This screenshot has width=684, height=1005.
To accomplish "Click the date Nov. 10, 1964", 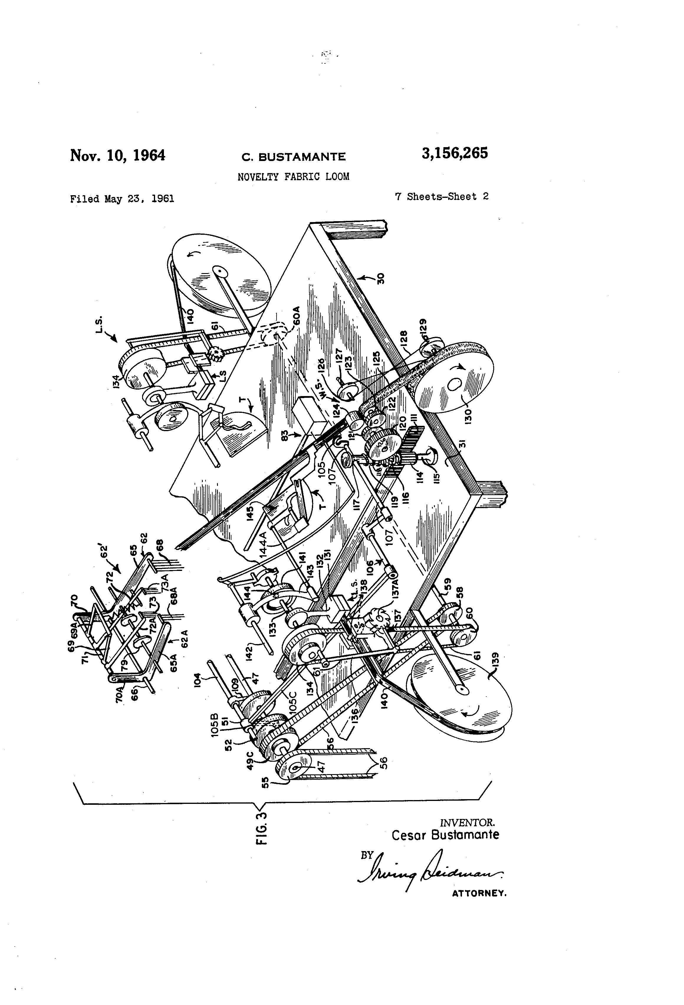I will point(118,155).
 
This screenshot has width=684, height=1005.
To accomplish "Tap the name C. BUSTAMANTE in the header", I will point(294,157).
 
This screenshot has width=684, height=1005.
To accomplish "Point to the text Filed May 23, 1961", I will point(122,199).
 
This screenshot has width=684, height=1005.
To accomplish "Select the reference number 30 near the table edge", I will point(381,277).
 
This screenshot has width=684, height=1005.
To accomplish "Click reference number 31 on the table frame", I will point(462,444).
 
